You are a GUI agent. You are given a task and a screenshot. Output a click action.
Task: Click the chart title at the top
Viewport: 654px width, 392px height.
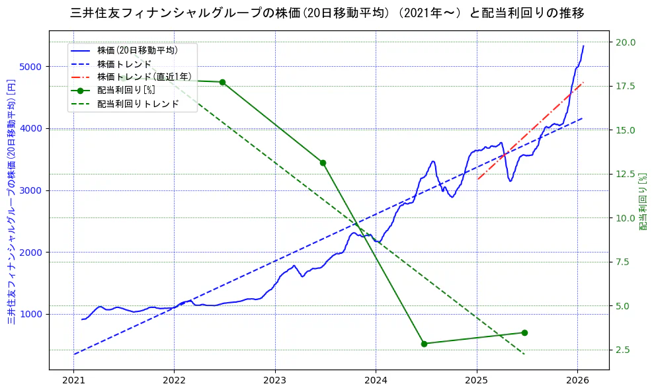click(327, 13)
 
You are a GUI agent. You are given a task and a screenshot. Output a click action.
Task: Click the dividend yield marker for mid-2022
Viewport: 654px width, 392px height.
click(222, 82)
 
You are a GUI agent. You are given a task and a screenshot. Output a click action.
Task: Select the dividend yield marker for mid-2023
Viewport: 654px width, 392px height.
click(323, 163)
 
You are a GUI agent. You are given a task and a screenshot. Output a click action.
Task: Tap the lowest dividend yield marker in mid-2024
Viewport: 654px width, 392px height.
click(424, 344)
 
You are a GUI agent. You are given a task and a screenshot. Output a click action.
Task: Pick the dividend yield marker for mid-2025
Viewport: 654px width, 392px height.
click(524, 333)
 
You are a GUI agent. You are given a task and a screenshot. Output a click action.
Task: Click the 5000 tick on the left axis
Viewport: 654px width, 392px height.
click(30, 67)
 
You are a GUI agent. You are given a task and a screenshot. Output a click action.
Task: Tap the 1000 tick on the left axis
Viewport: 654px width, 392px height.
click(30, 314)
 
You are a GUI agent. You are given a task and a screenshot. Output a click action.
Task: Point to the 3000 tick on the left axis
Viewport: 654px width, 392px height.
click(30, 190)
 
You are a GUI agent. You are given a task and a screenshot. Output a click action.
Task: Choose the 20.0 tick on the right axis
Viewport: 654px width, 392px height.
click(626, 42)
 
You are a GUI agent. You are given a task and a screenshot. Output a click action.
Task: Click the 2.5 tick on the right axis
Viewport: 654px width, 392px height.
click(626, 350)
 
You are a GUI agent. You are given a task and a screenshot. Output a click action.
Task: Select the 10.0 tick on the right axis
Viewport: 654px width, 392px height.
click(626, 218)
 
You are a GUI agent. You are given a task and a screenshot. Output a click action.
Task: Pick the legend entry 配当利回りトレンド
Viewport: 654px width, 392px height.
click(138, 104)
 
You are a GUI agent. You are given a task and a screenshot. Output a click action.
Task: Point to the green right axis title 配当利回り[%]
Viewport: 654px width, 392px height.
click(643, 202)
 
